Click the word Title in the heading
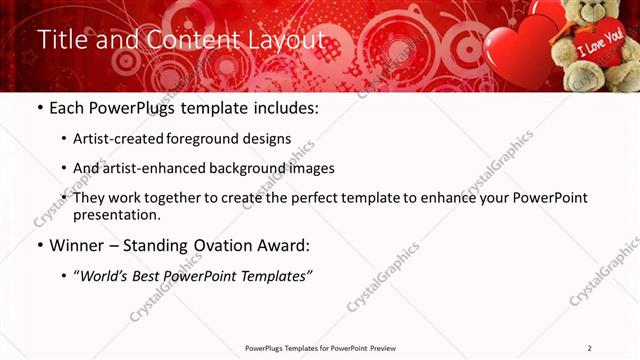61,40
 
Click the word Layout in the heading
287,40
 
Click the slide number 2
590,348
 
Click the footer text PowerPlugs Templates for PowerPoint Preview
320,348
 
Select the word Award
284,245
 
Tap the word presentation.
116,214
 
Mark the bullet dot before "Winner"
39,245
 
